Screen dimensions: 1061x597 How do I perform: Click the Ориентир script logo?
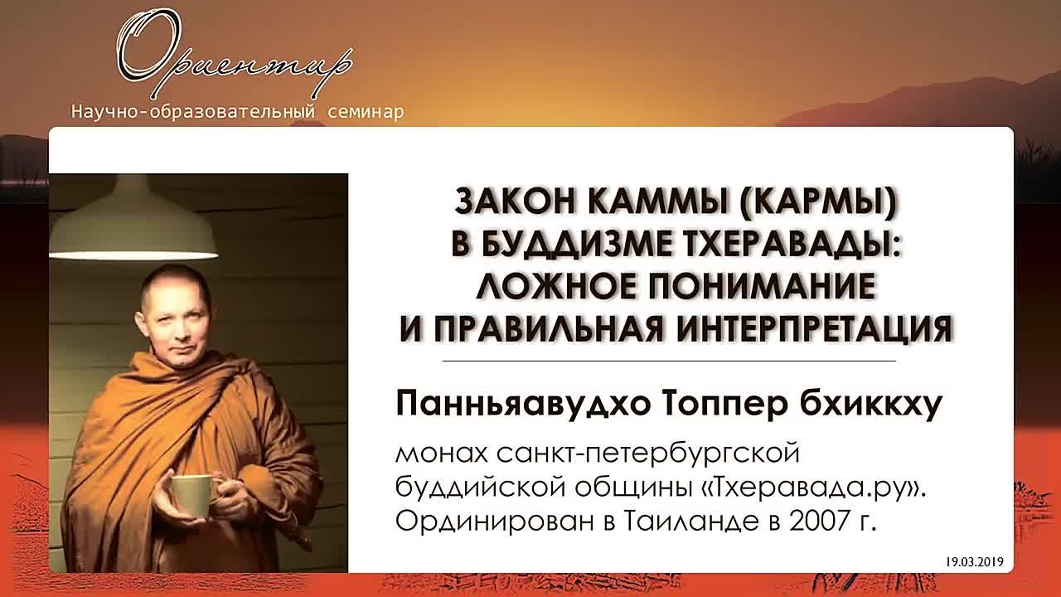point(235,52)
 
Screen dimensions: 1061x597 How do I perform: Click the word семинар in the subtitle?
point(366,112)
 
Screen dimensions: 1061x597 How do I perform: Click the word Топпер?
point(724,406)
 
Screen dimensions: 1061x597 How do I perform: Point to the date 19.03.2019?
point(975,562)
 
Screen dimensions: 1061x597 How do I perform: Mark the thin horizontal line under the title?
point(669,361)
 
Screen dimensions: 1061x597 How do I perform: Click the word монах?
point(442,454)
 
